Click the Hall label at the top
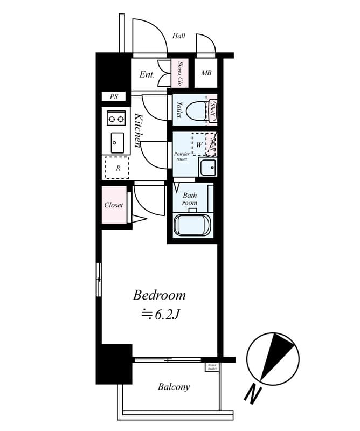[179, 36]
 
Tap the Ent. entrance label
[147, 75]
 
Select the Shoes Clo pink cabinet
[179, 73]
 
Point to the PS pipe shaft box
[114, 97]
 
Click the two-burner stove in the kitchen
[115, 117]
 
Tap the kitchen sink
[116, 143]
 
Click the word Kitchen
[137, 130]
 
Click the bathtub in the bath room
[191, 224]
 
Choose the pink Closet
[114, 205]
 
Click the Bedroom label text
[160, 296]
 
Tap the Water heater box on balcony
[212, 367]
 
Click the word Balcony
[174, 387]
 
